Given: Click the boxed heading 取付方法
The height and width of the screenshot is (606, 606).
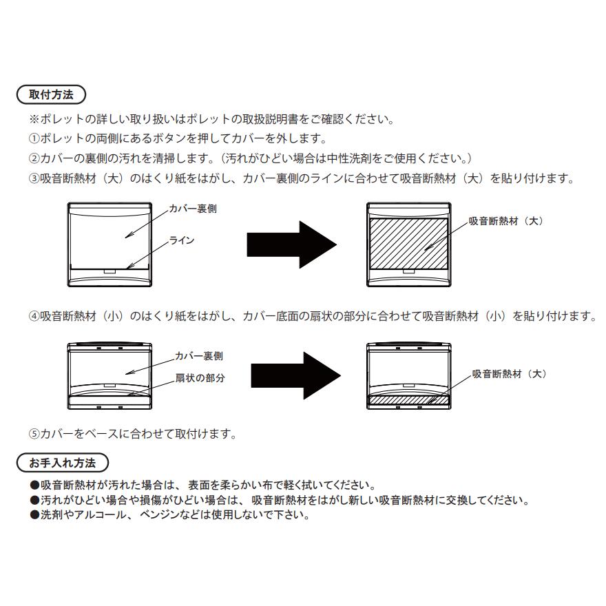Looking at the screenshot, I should pyautogui.click(x=50, y=94).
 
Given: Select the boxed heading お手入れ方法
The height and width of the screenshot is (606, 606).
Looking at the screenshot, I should pyautogui.click(x=61, y=461).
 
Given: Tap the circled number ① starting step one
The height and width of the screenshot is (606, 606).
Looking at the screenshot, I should pyautogui.click(x=34, y=138).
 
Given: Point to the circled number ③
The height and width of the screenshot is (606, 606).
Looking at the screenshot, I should pyautogui.click(x=34, y=178).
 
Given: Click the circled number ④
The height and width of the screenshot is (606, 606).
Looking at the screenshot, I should pyautogui.click(x=34, y=316).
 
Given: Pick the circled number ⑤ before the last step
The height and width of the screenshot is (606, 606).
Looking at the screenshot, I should pyautogui.click(x=34, y=434).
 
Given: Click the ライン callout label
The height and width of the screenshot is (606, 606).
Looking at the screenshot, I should pyautogui.click(x=182, y=240).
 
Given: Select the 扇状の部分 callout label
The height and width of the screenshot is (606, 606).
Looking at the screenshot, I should pyautogui.click(x=200, y=379).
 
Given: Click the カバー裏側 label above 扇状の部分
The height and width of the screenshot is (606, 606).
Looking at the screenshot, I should pyautogui.click(x=198, y=356).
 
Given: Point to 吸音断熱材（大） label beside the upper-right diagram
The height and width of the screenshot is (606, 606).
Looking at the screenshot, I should pyautogui.click(x=507, y=222).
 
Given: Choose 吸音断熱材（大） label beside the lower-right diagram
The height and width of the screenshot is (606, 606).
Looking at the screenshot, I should pyautogui.click(x=510, y=374).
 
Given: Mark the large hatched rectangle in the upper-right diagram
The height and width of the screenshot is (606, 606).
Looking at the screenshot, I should pyautogui.click(x=409, y=244).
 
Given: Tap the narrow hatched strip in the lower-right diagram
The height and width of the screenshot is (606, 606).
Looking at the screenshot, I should pyautogui.click(x=409, y=399).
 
